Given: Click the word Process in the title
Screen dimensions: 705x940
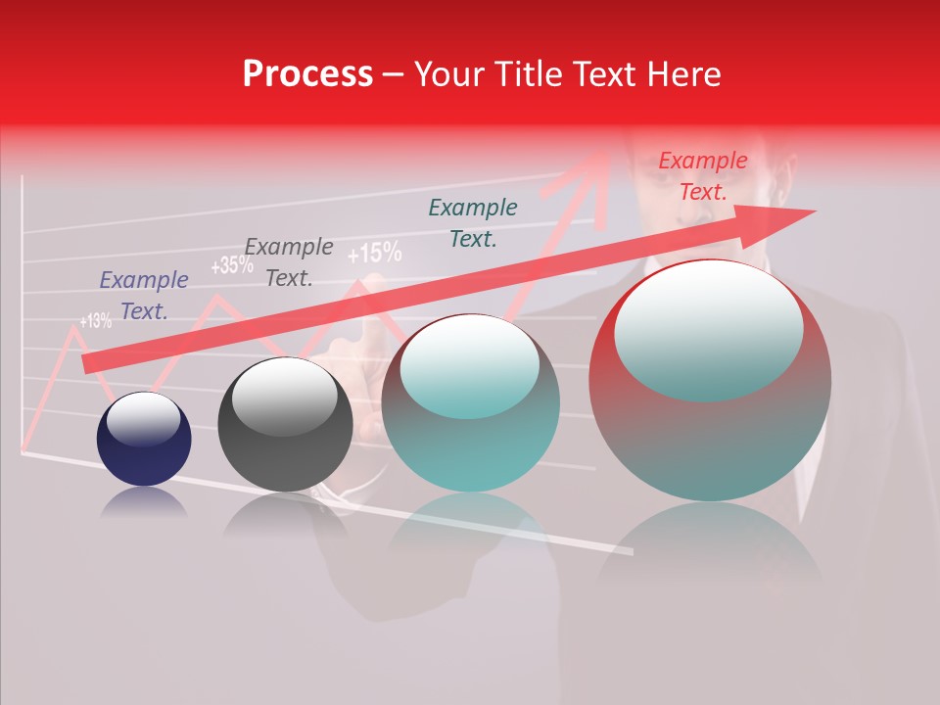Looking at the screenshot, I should click(307, 74).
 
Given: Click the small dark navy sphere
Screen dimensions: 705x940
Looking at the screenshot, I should click(144, 439).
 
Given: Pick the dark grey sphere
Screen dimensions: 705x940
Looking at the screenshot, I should click(285, 425).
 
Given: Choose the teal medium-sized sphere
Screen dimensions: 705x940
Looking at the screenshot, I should click(470, 403).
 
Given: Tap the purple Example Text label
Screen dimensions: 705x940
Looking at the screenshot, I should click(144, 296).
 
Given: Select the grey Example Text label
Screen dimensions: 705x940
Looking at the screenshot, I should click(289, 262).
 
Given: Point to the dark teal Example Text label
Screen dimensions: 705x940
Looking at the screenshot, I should click(473, 222).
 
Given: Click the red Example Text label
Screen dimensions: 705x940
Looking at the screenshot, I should click(703, 176).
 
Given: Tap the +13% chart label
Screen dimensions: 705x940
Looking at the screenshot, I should click(95, 320).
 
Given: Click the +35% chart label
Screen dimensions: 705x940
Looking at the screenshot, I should click(231, 265).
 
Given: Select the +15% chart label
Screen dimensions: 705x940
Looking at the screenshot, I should click(374, 254).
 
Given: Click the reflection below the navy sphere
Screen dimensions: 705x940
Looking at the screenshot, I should click(144, 502).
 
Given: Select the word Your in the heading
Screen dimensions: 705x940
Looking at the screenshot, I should click(449, 74).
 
